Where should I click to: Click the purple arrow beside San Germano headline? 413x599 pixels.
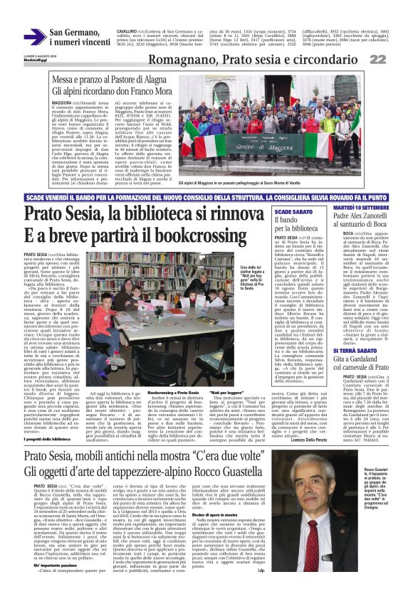pyautogui.click(x=35, y=37)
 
